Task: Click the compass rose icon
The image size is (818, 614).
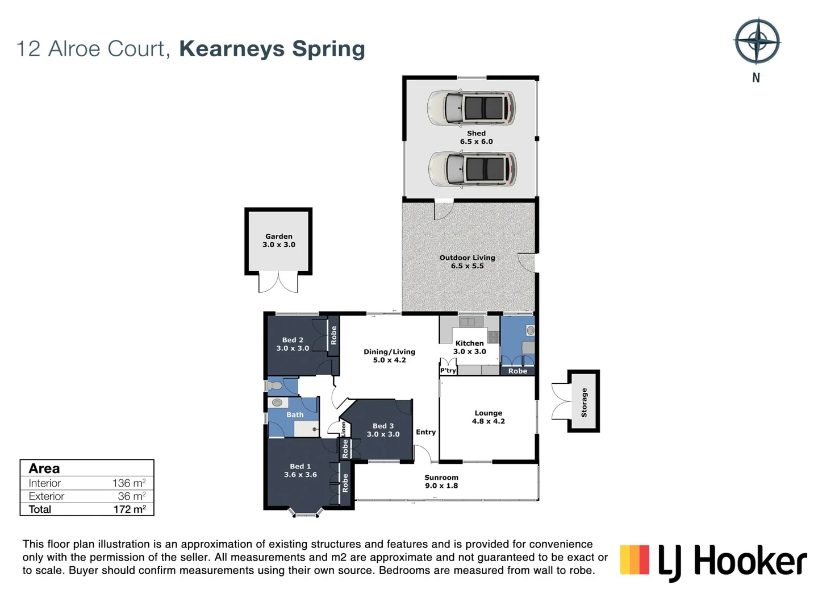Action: [757, 42]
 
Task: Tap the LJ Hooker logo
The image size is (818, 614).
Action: [713, 561]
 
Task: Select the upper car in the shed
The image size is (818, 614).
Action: [471, 107]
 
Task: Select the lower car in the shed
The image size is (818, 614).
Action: [472, 169]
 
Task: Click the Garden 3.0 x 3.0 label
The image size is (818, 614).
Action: [279, 240]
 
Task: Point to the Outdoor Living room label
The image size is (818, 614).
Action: [468, 262]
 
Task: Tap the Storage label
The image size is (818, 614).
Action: [584, 403]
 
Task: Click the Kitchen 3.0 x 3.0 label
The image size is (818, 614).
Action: [470, 347]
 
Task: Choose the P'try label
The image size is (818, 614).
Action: [448, 371]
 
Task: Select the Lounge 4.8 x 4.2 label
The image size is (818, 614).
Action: [489, 417]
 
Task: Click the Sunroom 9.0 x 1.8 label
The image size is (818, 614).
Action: [441, 482]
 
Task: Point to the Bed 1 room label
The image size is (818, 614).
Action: [301, 470]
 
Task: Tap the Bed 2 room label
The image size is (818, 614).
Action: [293, 344]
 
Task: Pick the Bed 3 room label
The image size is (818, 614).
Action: [383, 430]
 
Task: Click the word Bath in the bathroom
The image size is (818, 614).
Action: [295, 415]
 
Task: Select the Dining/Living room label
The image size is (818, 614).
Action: [390, 356]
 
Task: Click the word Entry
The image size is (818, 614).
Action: [426, 432]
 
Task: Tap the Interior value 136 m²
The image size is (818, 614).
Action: [129, 483]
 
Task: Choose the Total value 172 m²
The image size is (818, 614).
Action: [130, 509]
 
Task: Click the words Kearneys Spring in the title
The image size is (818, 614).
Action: [272, 49]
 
